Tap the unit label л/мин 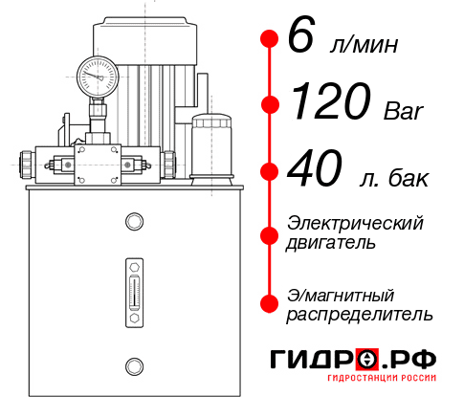pos(359,44)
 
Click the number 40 pos(315,170)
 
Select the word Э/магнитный pos(341,294)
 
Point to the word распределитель pos(359,314)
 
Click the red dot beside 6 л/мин pos(270,39)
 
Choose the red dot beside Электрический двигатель pos(270,234)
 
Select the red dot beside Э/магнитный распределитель pos(270,303)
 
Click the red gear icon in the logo pos(366,360)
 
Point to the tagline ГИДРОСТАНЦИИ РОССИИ pos(382,384)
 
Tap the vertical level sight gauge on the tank pos(133,287)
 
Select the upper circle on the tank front pos(133,223)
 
